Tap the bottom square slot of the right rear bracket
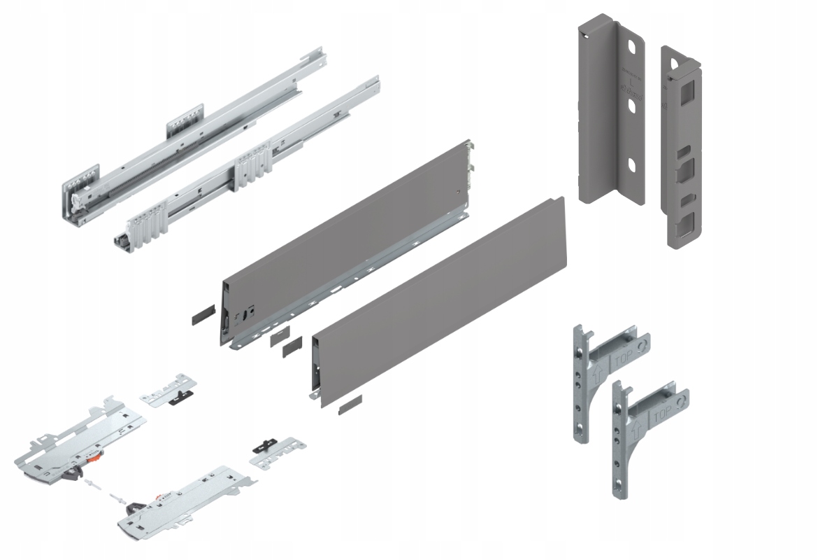coord(684,225)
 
